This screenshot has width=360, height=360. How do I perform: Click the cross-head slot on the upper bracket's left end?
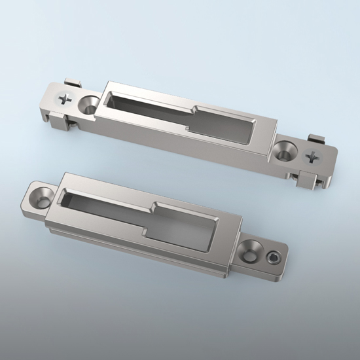65,99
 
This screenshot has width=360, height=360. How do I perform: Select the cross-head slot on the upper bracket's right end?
314,157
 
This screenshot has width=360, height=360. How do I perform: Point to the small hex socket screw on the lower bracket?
273,257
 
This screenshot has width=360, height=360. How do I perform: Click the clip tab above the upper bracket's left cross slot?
73,84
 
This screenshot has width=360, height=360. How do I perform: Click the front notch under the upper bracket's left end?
59,122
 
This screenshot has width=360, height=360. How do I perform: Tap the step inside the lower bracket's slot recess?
151,216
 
